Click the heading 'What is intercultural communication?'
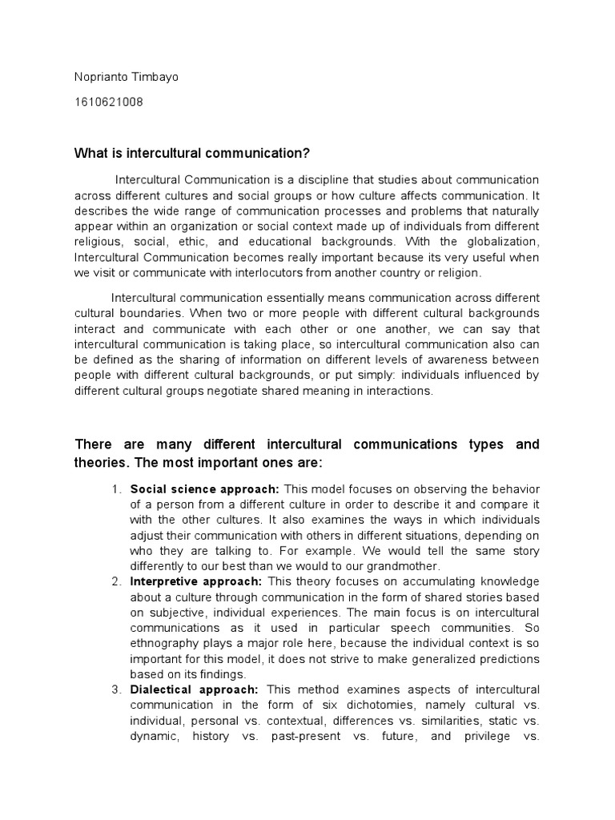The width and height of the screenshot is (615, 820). point(191,153)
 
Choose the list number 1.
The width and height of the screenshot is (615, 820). point(116,488)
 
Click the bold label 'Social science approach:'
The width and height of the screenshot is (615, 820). point(204,488)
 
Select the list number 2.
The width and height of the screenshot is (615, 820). point(116,581)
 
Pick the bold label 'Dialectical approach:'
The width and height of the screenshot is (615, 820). point(195,689)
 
